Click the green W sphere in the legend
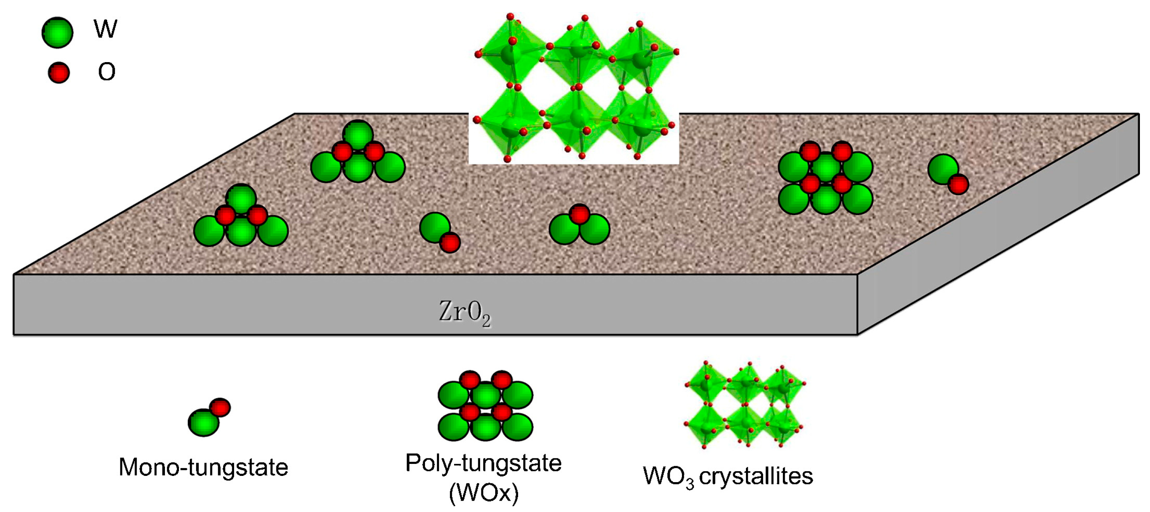pyautogui.click(x=57, y=32)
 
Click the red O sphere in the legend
pyautogui.click(x=59, y=72)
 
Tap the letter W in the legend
pyautogui.click(x=105, y=29)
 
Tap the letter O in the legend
pyautogui.click(x=107, y=72)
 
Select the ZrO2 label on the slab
pyautogui.click(x=465, y=312)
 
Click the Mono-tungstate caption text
pyautogui.click(x=203, y=468)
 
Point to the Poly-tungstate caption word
pyautogui.click(x=483, y=463)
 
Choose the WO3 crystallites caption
pyautogui.click(x=728, y=476)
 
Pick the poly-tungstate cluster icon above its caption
pyautogui.click(x=485, y=406)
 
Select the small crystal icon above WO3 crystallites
pyautogui.click(x=743, y=404)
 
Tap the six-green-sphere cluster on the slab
pyautogui.click(x=826, y=178)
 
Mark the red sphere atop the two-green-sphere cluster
pyautogui.click(x=579, y=214)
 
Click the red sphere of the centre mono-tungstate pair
pyautogui.click(x=449, y=242)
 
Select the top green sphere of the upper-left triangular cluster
pyautogui.click(x=357, y=134)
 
